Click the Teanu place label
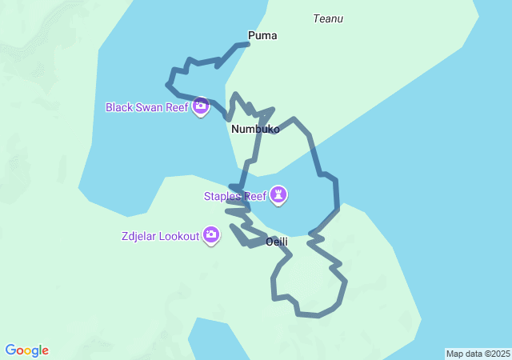(329, 18)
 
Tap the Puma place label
(262, 35)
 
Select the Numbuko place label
(255, 129)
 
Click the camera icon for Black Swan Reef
(201, 106)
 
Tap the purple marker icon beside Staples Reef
(278, 195)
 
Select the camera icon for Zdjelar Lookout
(211, 235)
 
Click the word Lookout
(178, 236)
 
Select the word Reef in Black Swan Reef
(177, 107)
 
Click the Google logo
(26, 350)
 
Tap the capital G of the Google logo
(10, 350)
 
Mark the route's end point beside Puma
(247, 43)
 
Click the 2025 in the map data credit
(499, 354)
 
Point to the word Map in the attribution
(454, 354)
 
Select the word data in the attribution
(473, 354)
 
